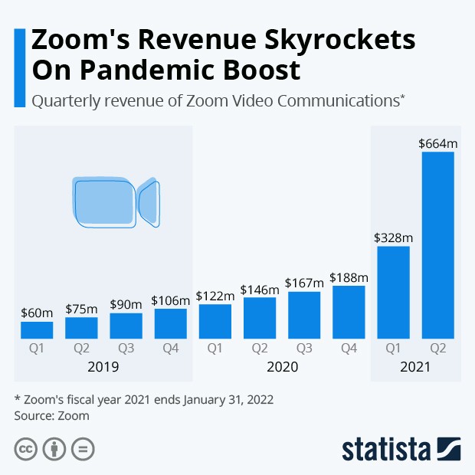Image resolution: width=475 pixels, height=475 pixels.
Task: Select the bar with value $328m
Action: [x=394, y=292]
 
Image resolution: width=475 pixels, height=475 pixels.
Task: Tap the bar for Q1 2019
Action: [x=37, y=330]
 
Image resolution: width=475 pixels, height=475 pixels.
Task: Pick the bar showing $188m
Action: [x=349, y=312]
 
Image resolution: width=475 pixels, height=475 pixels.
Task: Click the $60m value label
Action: [x=37, y=313]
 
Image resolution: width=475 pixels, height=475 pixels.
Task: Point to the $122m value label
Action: [x=215, y=295]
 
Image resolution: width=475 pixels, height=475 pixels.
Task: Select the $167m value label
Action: [x=305, y=282]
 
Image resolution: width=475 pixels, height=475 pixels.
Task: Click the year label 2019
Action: [x=103, y=367]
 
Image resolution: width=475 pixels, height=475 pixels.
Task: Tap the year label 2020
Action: [x=282, y=367]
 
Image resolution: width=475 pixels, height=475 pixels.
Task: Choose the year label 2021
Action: [x=415, y=367]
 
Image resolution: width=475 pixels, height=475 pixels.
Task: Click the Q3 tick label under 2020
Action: [x=305, y=349]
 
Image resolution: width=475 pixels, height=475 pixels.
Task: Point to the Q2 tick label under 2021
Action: [x=438, y=349]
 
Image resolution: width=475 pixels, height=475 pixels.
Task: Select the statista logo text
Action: [x=387, y=448]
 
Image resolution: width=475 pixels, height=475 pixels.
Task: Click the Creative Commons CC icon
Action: [x=26, y=449]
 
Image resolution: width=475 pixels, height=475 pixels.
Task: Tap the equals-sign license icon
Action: [x=83, y=449]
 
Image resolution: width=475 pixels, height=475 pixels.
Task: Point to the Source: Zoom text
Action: [x=52, y=416]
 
